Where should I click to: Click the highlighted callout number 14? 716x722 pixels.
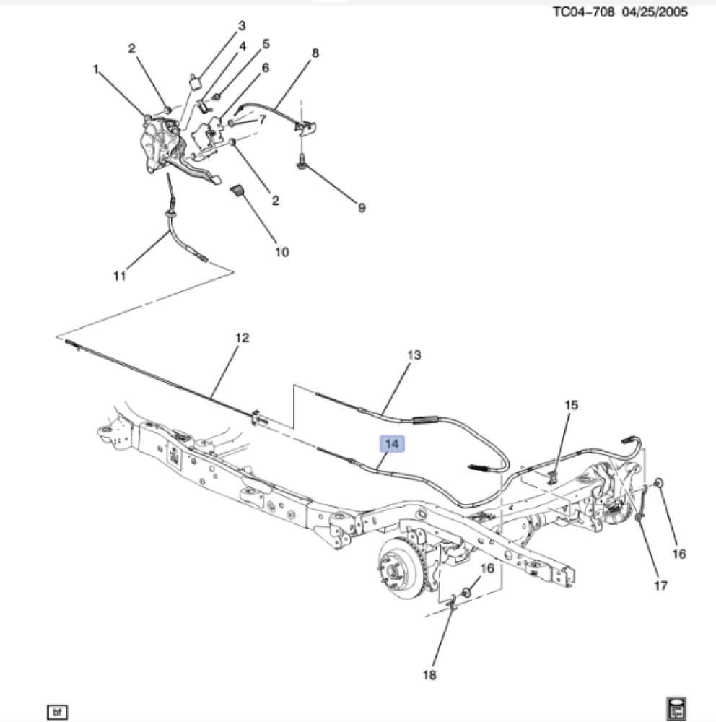pos(393,444)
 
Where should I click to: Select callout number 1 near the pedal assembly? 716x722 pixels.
pos(95,69)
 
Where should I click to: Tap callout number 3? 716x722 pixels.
pos(242,26)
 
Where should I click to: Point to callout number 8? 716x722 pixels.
pos(315,53)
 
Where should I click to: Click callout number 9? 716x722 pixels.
pos(362,208)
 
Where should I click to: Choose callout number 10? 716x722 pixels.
pos(281,252)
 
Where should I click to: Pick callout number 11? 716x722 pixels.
pos(119,275)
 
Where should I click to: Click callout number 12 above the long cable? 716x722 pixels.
pos(242,337)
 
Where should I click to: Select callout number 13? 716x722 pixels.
pos(414,355)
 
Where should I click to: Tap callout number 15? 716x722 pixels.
pos(571,406)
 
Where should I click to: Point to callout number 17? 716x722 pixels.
pos(661,586)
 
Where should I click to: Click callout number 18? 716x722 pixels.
pos(429,675)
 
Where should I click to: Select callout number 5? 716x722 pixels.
pos(266,44)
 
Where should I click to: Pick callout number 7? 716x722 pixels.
pos(263,120)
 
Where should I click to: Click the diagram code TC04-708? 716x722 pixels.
pos(582,12)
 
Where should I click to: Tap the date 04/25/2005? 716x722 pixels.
pos(657,12)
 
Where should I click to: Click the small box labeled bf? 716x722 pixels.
pos(56,712)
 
